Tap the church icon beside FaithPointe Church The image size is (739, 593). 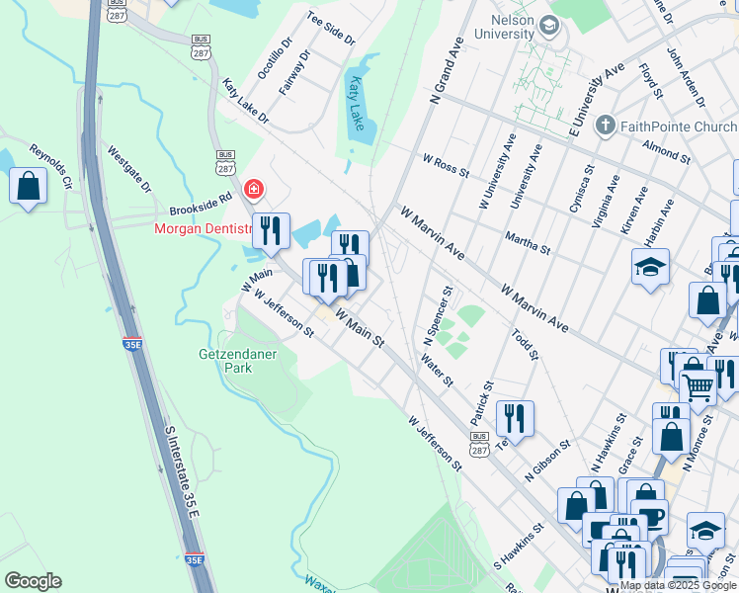(605, 127)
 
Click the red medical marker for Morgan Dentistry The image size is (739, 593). (254, 188)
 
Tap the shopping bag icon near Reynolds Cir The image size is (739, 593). (28, 185)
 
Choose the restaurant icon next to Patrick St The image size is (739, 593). (515, 417)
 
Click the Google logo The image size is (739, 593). (33, 581)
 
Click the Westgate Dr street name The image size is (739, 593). (129, 170)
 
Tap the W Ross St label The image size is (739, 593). (446, 165)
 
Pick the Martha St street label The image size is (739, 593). (527, 242)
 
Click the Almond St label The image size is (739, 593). (665, 150)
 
